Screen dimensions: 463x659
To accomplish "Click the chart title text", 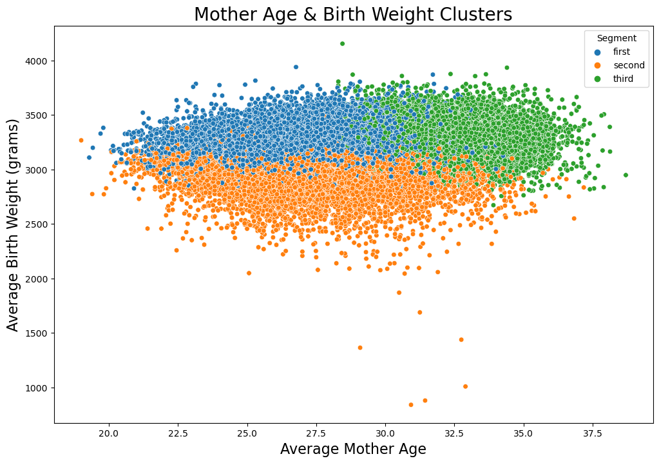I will (353, 14).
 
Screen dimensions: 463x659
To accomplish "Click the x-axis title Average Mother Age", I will (353, 449).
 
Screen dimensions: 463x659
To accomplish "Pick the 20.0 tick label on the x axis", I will (109, 433).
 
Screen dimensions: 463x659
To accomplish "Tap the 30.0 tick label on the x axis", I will (385, 433).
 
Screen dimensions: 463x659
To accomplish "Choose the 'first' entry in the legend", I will (622, 52).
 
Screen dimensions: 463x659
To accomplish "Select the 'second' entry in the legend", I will (628, 65).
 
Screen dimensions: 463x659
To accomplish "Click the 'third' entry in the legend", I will (623, 79).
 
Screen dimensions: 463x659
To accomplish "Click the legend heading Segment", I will (616, 38).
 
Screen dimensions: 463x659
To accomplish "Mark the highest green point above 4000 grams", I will (342, 44).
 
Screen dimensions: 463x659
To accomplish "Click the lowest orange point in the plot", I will (411, 405).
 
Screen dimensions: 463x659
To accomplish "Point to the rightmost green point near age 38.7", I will (626, 175).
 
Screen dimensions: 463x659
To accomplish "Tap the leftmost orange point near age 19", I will (81, 140).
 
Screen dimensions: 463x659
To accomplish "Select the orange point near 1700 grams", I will (419, 312).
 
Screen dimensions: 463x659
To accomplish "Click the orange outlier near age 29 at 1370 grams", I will (360, 348).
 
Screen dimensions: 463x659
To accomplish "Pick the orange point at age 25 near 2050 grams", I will (249, 273).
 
